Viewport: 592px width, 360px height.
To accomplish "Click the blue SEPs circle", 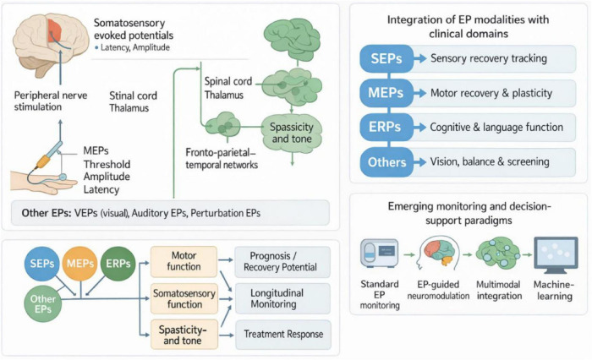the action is pyautogui.click(x=42, y=264).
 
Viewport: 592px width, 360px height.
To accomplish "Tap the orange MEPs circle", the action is pyautogui.click(x=79, y=264).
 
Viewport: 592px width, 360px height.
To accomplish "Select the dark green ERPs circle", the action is pyautogui.click(x=118, y=264).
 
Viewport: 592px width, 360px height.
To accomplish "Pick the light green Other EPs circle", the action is pyautogui.click(x=42, y=304).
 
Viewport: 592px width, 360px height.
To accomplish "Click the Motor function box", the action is pyautogui.click(x=184, y=261).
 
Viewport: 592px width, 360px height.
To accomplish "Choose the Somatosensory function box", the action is pyautogui.click(x=184, y=298).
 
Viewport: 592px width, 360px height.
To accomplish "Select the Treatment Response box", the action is pyautogui.click(x=283, y=335).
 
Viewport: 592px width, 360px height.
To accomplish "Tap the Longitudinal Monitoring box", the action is pyautogui.click(x=282, y=298).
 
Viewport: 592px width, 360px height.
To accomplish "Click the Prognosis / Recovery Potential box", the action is pyautogui.click(x=282, y=261).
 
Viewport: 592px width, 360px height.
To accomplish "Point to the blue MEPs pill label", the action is pyautogui.click(x=386, y=93).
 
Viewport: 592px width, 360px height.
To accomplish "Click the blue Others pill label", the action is pyautogui.click(x=386, y=162).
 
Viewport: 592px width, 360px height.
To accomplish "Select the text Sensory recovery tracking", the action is pyautogui.click(x=489, y=58).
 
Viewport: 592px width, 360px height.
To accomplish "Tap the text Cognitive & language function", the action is pyautogui.click(x=496, y=128).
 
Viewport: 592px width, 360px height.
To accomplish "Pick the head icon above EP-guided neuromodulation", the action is pyautogui.click(x=438, y=254).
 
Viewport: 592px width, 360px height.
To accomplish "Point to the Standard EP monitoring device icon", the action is pyautogui.click(x=380, y=252).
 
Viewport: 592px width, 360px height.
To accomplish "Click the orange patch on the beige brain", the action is pyautogui.click(x=54, y=30).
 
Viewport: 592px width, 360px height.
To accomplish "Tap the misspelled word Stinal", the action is pyautogui.click(x=122, y=95).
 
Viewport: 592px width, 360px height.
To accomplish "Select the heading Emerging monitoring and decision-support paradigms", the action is pyautogui.click(x=469, y=213).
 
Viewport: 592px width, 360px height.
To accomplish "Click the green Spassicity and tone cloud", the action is pyautogui.click(x=292, y=133).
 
